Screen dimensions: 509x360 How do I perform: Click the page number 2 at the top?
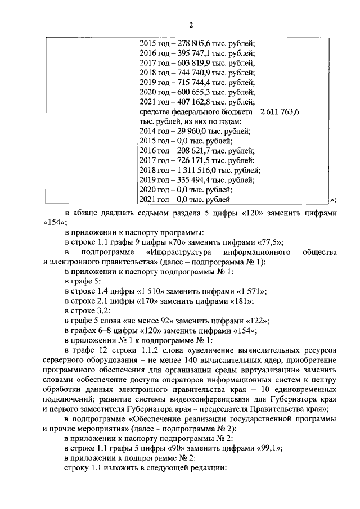[x=191, y=25]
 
